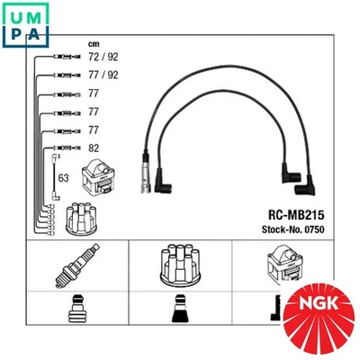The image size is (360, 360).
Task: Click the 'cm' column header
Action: point(93,44)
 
